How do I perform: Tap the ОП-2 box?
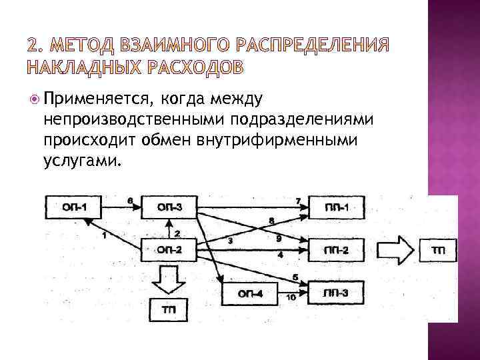click(169, 251)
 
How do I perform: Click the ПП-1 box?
click(338, 209)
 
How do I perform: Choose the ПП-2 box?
click(338, 251)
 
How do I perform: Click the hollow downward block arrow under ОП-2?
click(169, 279)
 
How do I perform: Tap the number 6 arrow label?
click(129, 201)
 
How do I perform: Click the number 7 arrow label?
click(298, 201)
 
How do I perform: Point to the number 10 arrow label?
click(291, 296)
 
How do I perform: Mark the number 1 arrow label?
click(104, 235)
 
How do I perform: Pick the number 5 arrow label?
click(295, 277)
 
